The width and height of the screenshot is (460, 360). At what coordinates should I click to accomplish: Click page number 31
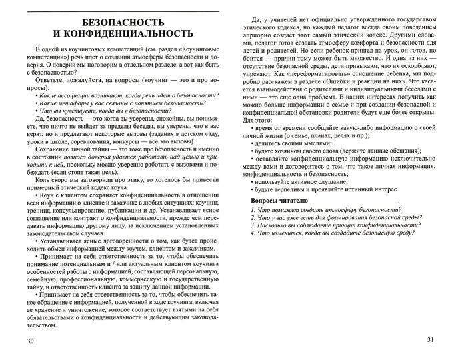[430, 341]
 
